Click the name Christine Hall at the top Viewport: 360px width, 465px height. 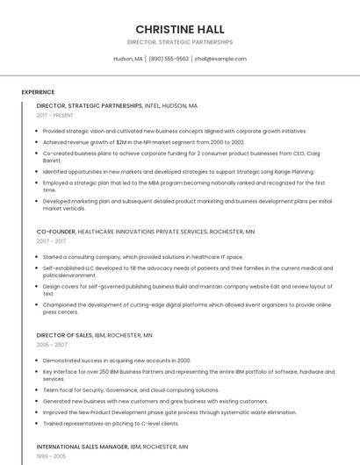coord(180,29)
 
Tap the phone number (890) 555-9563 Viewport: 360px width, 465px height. coord(169,59)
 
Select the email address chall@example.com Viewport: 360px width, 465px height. coord(220,59)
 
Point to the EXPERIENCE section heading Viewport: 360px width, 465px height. coord(38,92)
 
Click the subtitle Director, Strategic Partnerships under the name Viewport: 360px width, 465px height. coord(180,42)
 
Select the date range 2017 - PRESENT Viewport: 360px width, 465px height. coord(55,115)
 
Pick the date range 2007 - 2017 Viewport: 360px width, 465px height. coord(51,240)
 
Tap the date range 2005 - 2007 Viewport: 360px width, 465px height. coord(51,345)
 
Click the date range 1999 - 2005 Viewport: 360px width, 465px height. coord(51,456)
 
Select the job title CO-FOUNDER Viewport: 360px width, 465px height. coord(56,231)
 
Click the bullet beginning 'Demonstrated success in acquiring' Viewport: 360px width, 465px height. coord(117,360)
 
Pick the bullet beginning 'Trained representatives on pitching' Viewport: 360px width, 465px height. coord(111,423)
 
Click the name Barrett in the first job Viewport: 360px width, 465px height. coord(52,161)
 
